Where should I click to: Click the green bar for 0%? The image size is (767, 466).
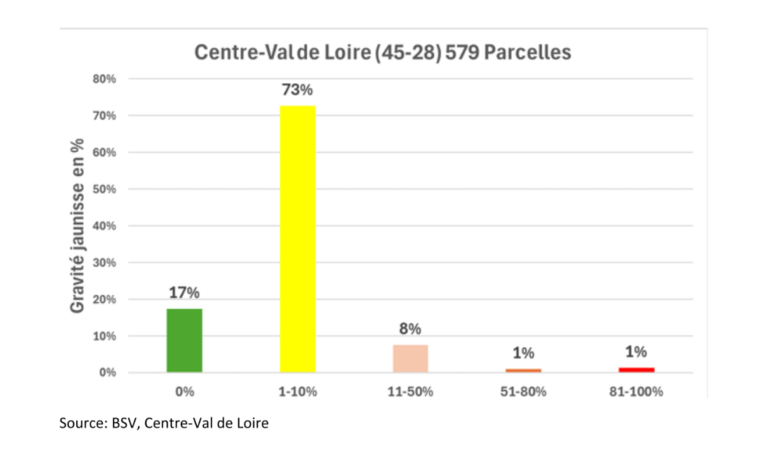click(x=184, y=340)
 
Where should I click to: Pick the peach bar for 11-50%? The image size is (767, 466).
click(x=410, y=358)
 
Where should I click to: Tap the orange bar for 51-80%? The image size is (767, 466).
click(x=523, y=370)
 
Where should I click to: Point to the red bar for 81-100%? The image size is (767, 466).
click(x=636, y=369)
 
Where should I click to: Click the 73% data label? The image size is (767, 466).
click(x=297, y=90)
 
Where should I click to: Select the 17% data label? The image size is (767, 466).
click(x=184, y=293)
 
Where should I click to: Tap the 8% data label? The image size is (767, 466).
click(x=410, y=329)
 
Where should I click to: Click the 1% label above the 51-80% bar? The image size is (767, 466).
click(x=523, y=353)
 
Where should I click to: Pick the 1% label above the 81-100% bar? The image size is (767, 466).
click(x=636, y=352)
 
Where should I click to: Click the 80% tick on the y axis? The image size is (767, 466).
click(x=104, y=79)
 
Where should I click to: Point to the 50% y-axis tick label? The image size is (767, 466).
click(x=104, y=189)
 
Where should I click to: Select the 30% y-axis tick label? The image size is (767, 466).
click(x=104, y=262)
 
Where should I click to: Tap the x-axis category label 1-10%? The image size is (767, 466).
click(x=297, y=392)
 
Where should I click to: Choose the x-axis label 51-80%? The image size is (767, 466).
click(x=523, y=392)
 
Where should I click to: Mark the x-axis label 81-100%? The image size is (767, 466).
click(x=636, y=392)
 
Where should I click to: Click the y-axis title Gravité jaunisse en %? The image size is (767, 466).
click(x=77, y=225)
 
